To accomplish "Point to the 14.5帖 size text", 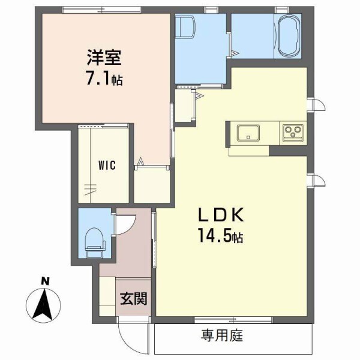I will coord(220,235).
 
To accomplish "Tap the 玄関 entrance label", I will coord(133,298).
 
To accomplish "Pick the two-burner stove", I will coord(293,132).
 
